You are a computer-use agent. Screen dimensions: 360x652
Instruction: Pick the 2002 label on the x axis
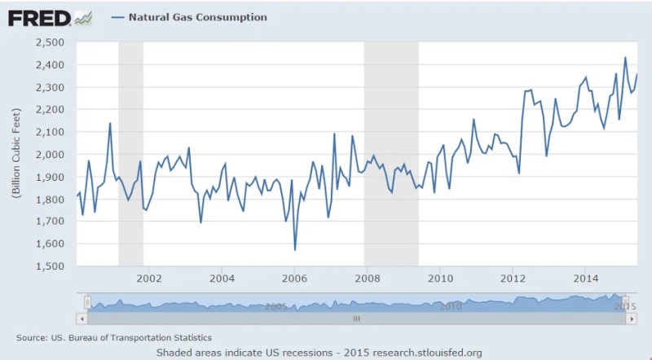(x=149, y=279)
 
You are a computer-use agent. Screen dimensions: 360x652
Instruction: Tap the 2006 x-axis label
(x=294, y=279)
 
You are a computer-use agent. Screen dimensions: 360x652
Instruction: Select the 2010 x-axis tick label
(x=440, y=279)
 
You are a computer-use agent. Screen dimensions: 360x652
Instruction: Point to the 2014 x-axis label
(x=585, y=279)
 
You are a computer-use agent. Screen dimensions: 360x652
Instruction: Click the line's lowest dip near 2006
(x=295, y=249)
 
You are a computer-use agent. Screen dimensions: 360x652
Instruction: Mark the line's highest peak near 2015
(x=625, y=58)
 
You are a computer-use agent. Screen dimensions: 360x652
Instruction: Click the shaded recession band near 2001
(x=130, y=155)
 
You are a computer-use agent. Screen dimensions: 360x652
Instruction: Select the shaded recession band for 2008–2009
(x=391, y=155)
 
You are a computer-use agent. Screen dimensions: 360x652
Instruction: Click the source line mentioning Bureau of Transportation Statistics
(x=114, y=337)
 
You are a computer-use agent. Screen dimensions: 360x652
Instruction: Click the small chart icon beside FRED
(x=82, y=17)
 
